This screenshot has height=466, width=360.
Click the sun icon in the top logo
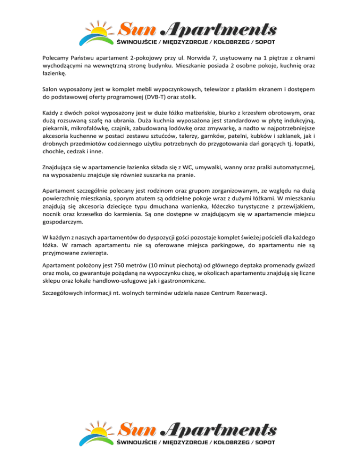pyautogui.click(x=99, y=31)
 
